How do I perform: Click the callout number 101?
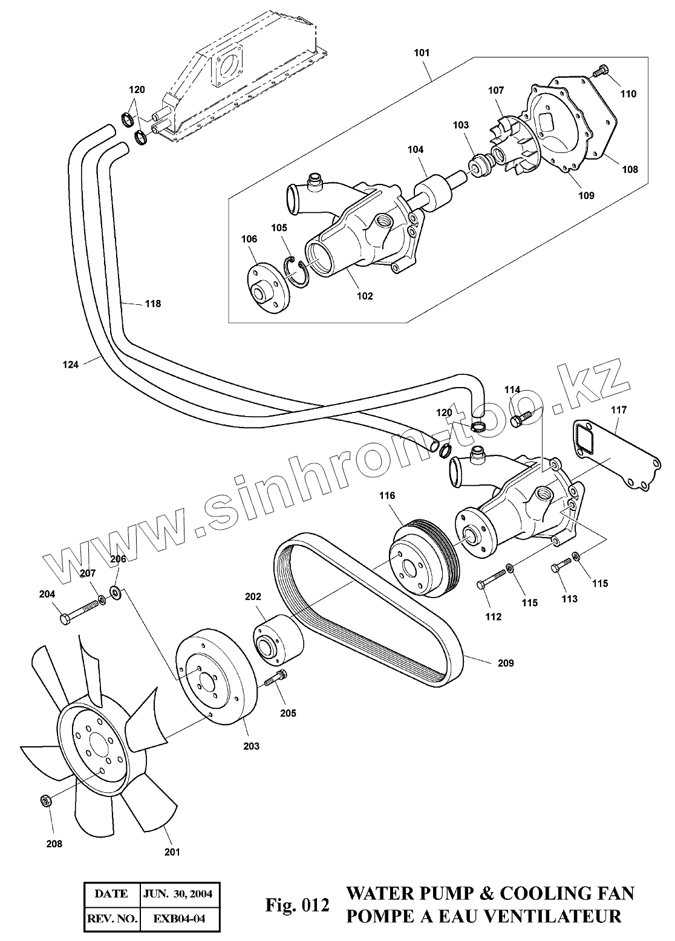click(x=422, y=53)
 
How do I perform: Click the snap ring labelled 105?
click(x=296, y=270)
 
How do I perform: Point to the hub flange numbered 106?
click(x=266, y=290)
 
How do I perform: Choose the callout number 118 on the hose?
click(x=153, y=304)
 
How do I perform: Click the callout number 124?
click(x=70, y=364)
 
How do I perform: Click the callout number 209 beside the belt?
click(x=506, y=663)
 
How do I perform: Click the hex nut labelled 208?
click(x=45, y=801)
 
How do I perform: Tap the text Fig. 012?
click(x=298, y=905)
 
